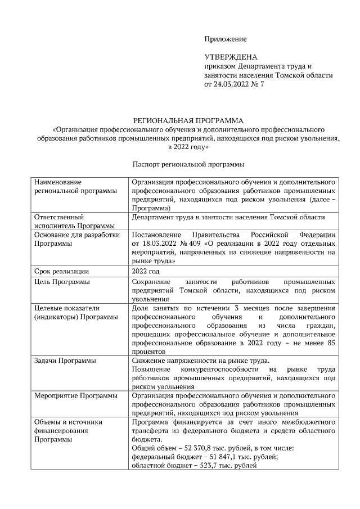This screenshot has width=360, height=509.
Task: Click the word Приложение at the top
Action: (x=225, y=39)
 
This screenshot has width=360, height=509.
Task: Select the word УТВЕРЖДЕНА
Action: (x=231, y=57)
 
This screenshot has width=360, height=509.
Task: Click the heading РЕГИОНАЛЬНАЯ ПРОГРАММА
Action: (x=188, y=120)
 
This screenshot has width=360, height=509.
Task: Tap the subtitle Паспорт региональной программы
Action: (x=188, y=165)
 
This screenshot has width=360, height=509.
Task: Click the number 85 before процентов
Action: (x=331, y=343)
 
